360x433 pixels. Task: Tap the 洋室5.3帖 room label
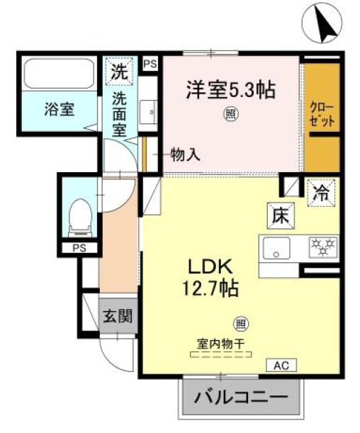click(230, 90)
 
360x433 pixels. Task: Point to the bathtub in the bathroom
click(58, 73)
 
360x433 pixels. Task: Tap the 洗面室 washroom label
click(120, 115)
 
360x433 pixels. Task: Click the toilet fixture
click(79, 217)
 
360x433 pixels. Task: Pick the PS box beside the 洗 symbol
click(150, 64)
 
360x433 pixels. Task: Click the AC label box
click(281, 366)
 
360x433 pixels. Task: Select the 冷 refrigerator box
click(320, 191)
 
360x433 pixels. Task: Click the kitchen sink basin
click(276, 249)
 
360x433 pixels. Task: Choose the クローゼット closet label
click(322, 113)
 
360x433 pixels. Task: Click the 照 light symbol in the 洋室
click(230, 112)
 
